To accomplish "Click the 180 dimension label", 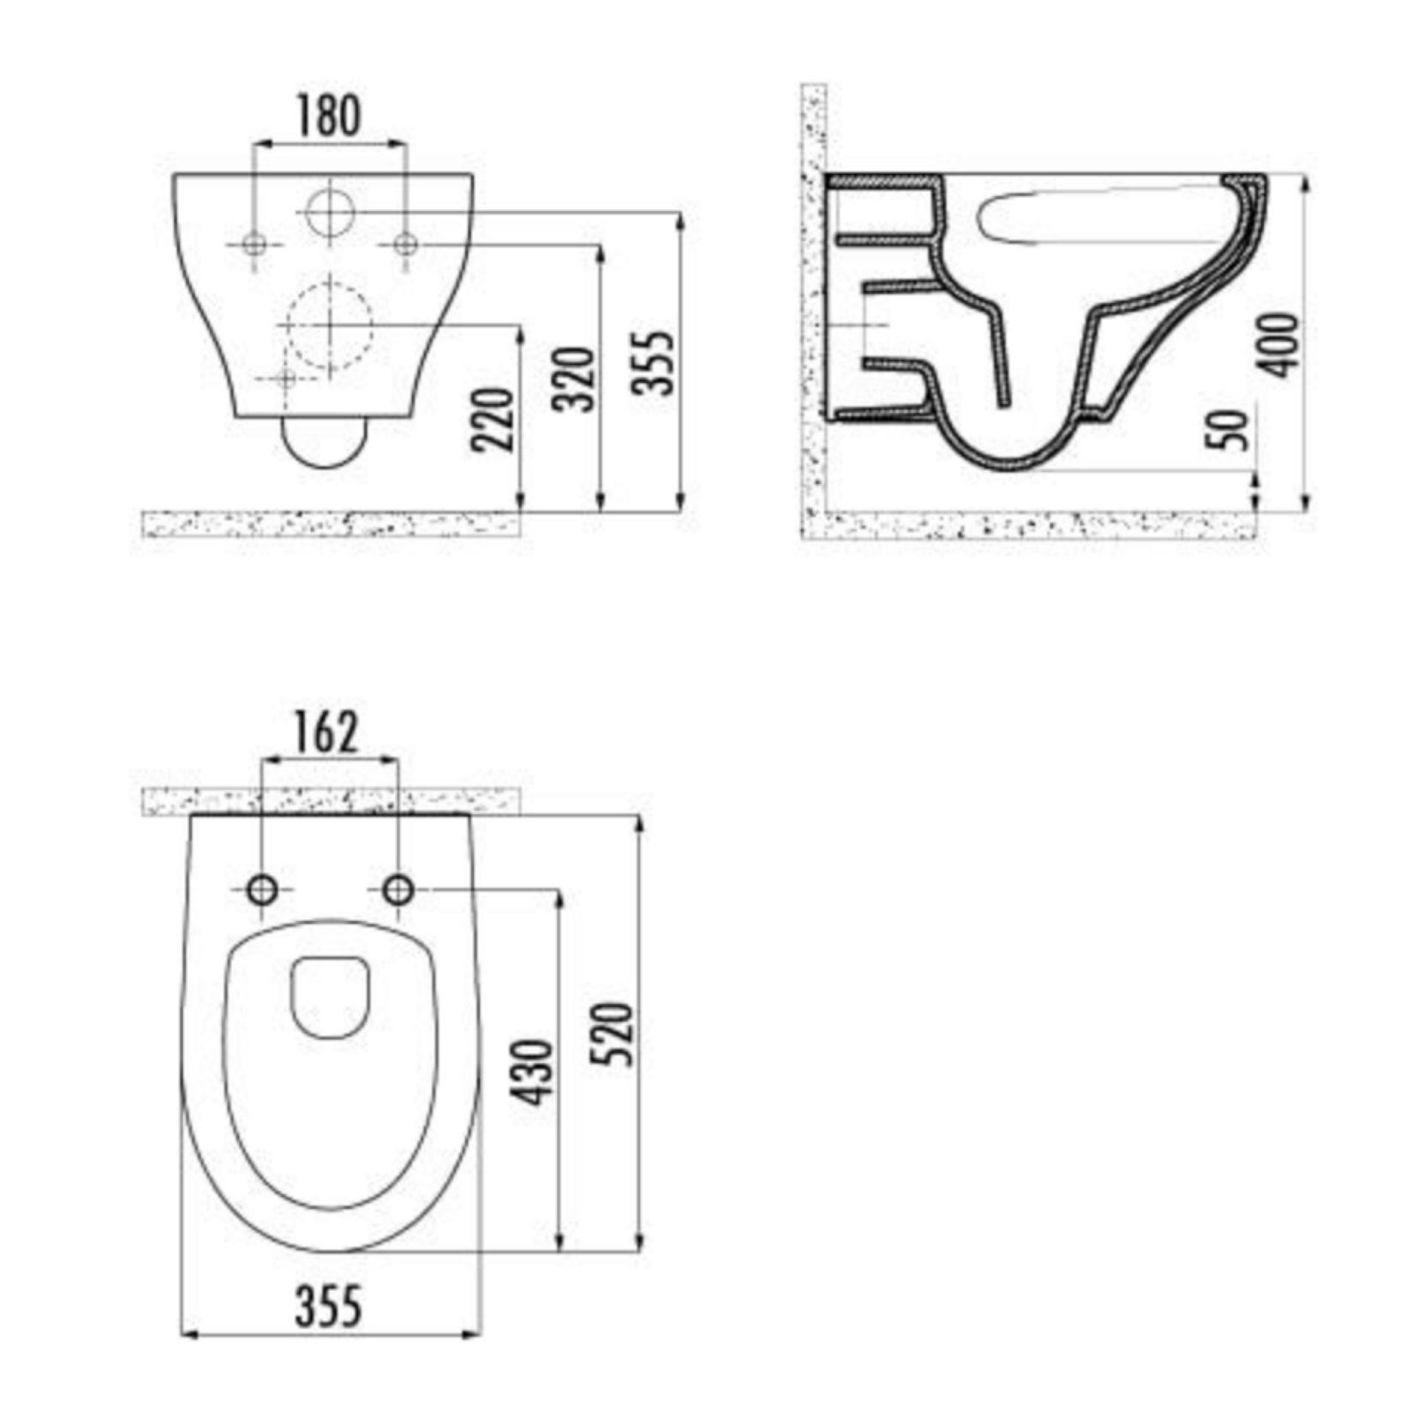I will (329, 116).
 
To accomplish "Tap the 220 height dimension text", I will (493, 420).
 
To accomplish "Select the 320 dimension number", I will (572, 379).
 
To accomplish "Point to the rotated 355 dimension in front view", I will (654, 362).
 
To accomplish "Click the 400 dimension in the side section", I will (1279, 345).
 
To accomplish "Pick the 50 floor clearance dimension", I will (1227, 430).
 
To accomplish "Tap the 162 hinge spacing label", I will (326, 733).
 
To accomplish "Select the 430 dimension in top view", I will (533, 1073).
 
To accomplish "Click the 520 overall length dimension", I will (613, 1033).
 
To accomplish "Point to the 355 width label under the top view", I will (329, 1306).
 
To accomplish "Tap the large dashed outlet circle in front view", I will (330, 326).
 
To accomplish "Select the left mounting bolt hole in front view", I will (254, 245).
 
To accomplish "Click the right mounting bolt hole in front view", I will (405, 245).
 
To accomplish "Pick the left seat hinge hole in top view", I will (262, 890).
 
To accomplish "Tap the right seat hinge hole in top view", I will (398, 890).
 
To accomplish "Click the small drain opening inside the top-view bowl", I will (331, 996).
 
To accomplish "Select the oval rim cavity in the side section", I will (1097, 218).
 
